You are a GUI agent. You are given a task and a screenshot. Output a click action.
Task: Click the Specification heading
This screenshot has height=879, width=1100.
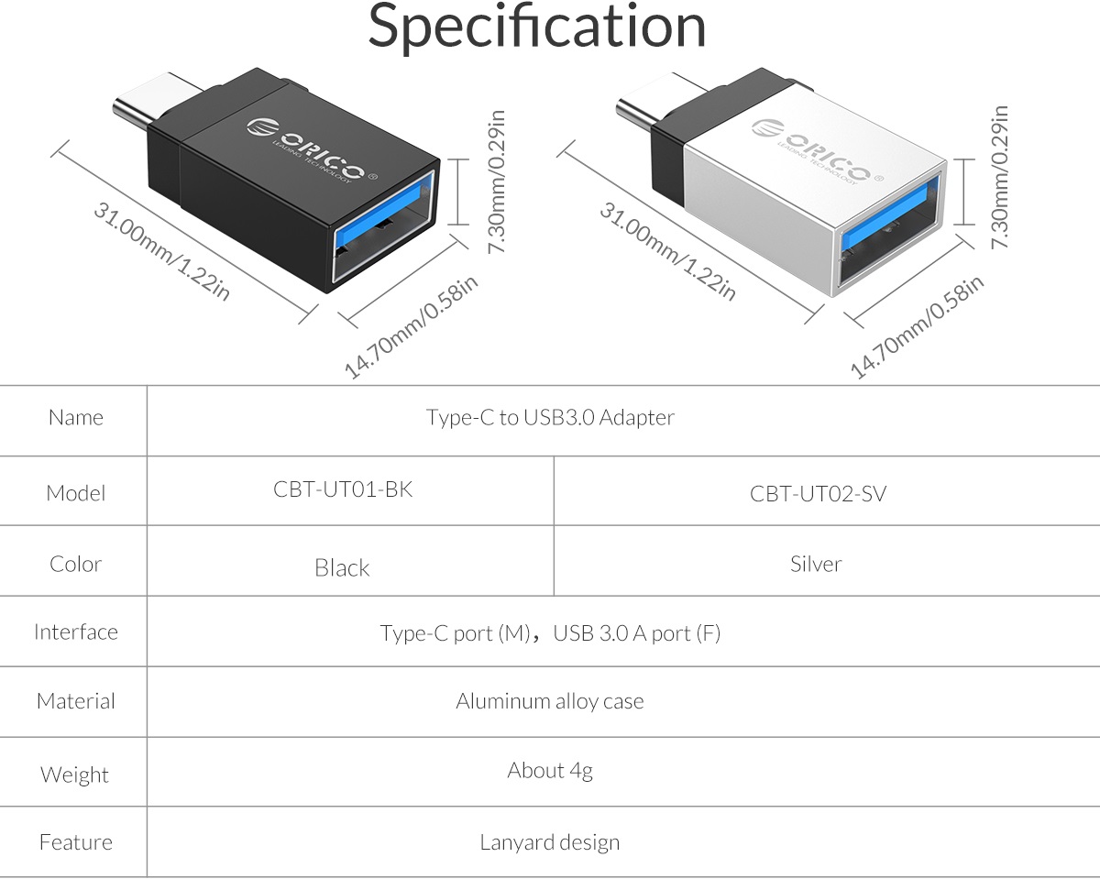537,27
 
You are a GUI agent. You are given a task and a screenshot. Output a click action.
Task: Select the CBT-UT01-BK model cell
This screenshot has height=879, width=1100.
343,489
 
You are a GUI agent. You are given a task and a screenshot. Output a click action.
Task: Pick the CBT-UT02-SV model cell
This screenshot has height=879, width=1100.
818,494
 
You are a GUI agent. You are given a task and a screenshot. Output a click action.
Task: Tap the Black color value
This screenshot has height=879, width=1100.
342,568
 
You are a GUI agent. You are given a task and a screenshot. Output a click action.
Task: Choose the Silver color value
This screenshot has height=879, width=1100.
816,564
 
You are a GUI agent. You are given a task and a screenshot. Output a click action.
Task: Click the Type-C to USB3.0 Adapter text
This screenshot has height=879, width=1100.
550,418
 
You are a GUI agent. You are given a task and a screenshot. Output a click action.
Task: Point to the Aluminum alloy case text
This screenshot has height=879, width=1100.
550,702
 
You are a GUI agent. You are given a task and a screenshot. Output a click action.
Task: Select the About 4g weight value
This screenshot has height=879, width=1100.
550,771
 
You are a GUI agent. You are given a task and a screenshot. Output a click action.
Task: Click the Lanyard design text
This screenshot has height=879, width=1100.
550,842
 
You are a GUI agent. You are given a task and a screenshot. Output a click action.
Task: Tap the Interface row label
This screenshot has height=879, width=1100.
76,632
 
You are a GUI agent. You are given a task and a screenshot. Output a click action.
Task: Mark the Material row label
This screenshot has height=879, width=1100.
76,702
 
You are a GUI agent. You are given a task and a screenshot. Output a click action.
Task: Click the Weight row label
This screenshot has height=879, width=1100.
74,775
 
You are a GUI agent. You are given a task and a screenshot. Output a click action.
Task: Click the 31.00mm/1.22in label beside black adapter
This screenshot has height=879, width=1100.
161,251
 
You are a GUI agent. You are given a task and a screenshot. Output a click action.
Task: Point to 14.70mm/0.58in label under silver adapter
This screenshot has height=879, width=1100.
917,325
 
